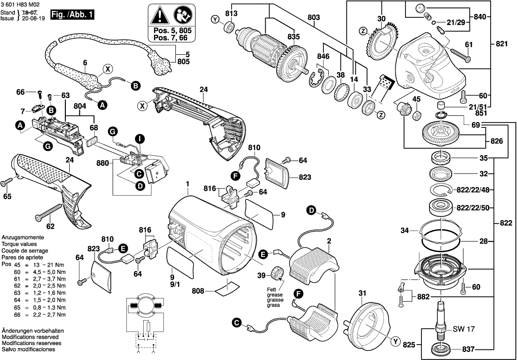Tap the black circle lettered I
point(139,139)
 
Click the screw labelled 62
point(49,212)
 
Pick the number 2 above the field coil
point(329,241)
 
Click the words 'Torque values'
point(20,244)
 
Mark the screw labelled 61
point(459,57)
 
